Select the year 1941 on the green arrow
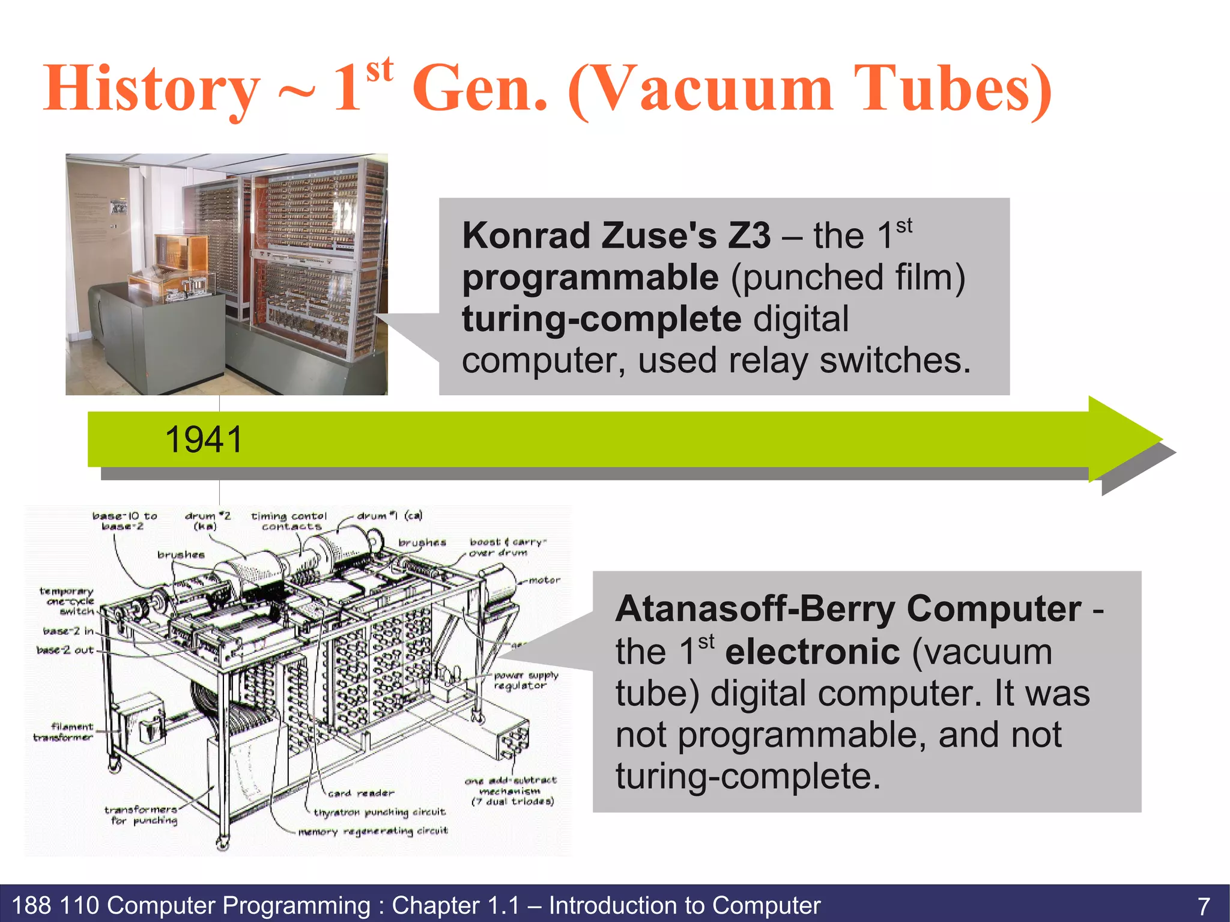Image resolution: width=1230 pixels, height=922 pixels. tap(204, 440)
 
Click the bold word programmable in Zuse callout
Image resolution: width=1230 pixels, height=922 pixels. tap(590, 278)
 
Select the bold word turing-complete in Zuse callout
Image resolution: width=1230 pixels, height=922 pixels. tap(601, 319)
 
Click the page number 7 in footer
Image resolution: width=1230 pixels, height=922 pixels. tap(1204, 906)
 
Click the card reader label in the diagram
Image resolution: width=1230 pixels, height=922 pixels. tap(361, 793)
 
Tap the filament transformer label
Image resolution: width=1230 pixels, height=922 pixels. tap(64, 732)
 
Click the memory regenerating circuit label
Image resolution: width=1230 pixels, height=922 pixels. tap(373, 831)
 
